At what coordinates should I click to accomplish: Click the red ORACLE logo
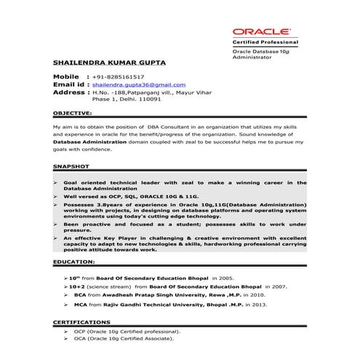pyautogui.click(x=261, y=32)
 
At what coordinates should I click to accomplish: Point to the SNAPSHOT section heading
pyautogui.click(x=71, y=167)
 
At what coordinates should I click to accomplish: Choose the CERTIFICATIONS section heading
pyautogui.click(x=82, y=321)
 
